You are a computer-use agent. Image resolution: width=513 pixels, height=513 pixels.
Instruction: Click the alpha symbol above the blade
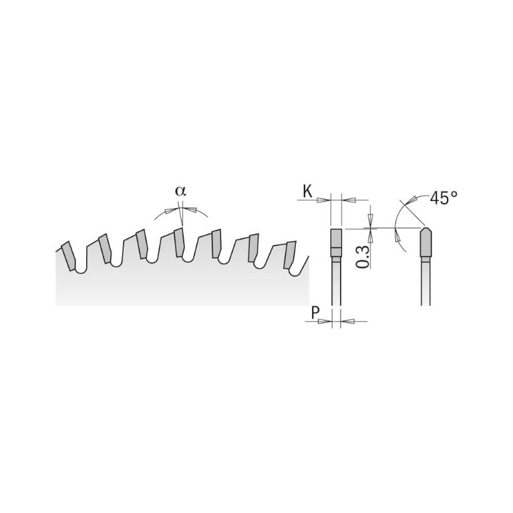coord(180,190)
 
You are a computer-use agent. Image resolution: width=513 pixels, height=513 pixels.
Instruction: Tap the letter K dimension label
coord(307,192)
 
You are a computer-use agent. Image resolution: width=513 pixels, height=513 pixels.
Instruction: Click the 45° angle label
coord(444,198)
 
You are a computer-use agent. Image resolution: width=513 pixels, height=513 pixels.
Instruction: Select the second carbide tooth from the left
coord(104,248)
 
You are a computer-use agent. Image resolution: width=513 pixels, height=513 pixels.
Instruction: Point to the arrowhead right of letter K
coord(348,200)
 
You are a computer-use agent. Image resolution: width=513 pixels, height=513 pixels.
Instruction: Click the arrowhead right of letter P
coord(348,321)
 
